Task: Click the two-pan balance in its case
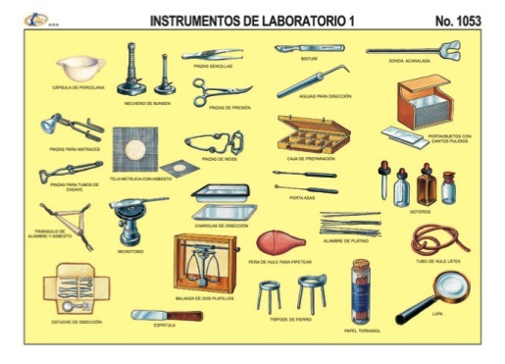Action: click(x=205, y=266)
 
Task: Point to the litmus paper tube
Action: click(x=363, y=288)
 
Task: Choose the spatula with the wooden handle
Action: click(x=167, y=317)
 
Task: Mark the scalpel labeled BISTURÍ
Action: click(x=304, y=47)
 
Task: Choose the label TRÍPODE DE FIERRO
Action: click(x=290, y=319)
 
